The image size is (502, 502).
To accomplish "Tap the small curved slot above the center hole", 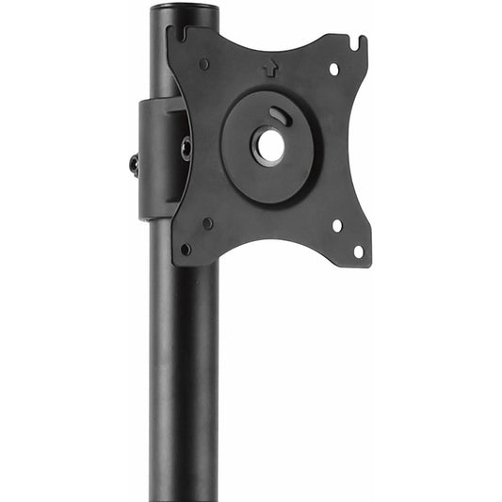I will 279,115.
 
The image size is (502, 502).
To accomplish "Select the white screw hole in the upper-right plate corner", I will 333,69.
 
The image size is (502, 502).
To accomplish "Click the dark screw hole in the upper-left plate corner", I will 204,64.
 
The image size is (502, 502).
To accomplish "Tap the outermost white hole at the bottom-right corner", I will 357,251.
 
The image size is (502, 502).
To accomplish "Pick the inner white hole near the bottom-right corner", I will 336,226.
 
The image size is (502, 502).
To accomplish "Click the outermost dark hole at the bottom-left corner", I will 186,249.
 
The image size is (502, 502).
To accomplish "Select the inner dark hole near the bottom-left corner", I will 207,224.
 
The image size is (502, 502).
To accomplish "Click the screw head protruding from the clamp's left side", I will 134,165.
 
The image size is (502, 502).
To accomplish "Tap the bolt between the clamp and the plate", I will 186,148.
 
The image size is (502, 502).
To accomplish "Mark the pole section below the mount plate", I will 184,377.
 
